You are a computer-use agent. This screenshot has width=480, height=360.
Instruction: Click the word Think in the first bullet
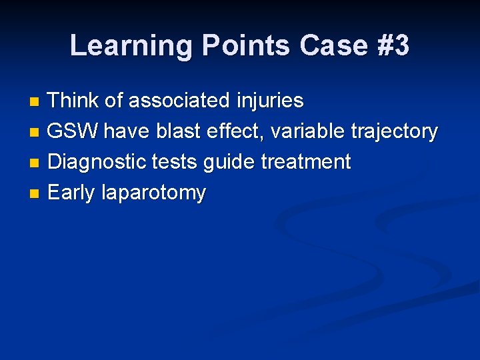click(x=74, y=101)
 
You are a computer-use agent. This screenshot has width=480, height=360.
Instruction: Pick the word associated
click(x=180, y=101)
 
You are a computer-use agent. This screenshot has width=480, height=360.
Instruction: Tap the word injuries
click(x=271, y=101)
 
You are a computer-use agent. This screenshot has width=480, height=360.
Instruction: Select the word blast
click(x=179, y=131)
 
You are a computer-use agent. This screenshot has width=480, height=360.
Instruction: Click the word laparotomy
click(x=154, y=193)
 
